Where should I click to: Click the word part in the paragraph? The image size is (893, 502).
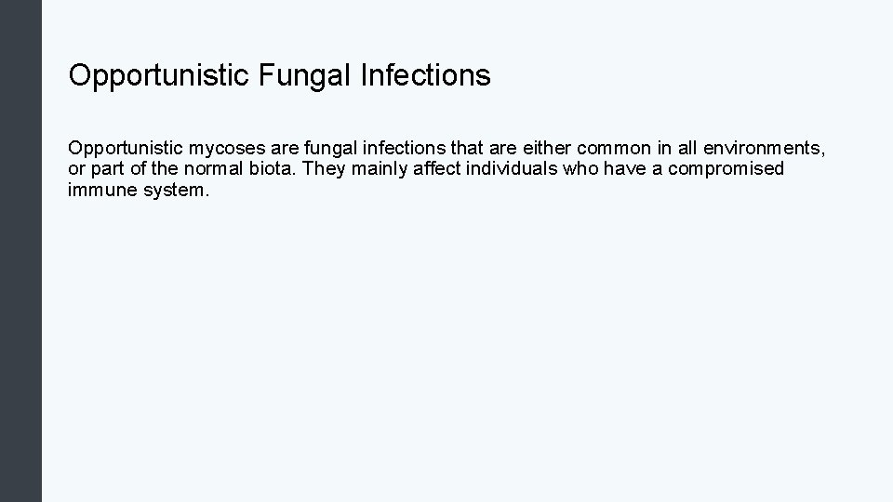pyautogui.click(x=103, y=169)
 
